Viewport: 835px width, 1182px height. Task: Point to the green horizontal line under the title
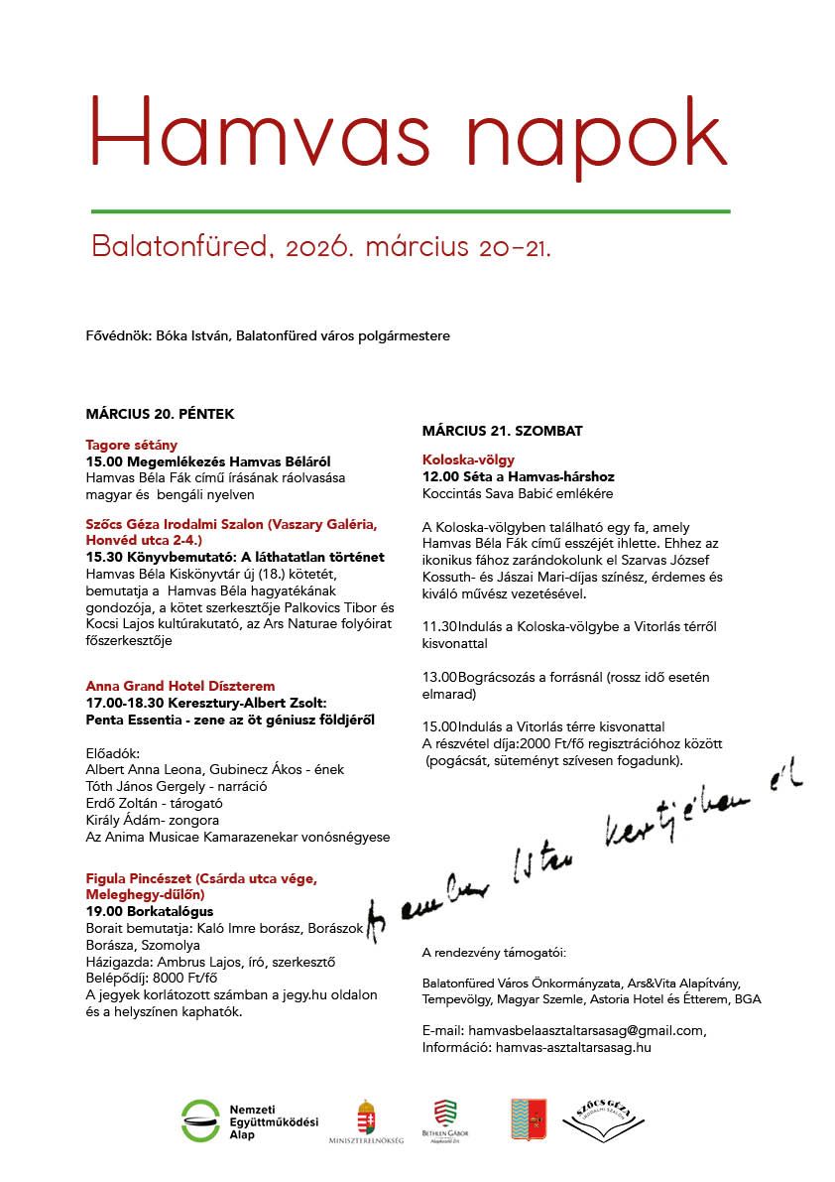click(x=411, y=211)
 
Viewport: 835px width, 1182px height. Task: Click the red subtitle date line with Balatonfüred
click(x=320, y=246)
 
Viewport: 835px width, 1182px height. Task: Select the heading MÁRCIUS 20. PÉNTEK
click(x=160, y=413)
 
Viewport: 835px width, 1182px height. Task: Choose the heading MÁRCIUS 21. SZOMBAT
click(x=502, y=431)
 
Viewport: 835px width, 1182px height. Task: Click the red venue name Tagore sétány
click(x=131, y=445)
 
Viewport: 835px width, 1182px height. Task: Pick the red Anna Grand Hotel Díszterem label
click(x=180, y=686)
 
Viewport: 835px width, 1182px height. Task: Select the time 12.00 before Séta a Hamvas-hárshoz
click(x=439, y=476)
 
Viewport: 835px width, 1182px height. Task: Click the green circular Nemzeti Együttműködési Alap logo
click(x=201, y=1119)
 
